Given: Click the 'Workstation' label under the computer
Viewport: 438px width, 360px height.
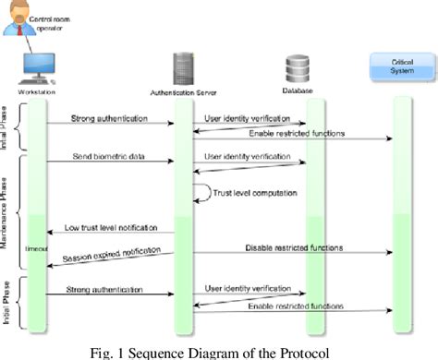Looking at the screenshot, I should click(x=36, y=92).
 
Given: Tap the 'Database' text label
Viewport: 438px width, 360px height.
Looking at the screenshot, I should click(x=298, y=90).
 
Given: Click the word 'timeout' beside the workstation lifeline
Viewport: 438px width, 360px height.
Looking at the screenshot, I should click(x=37, y=250).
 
